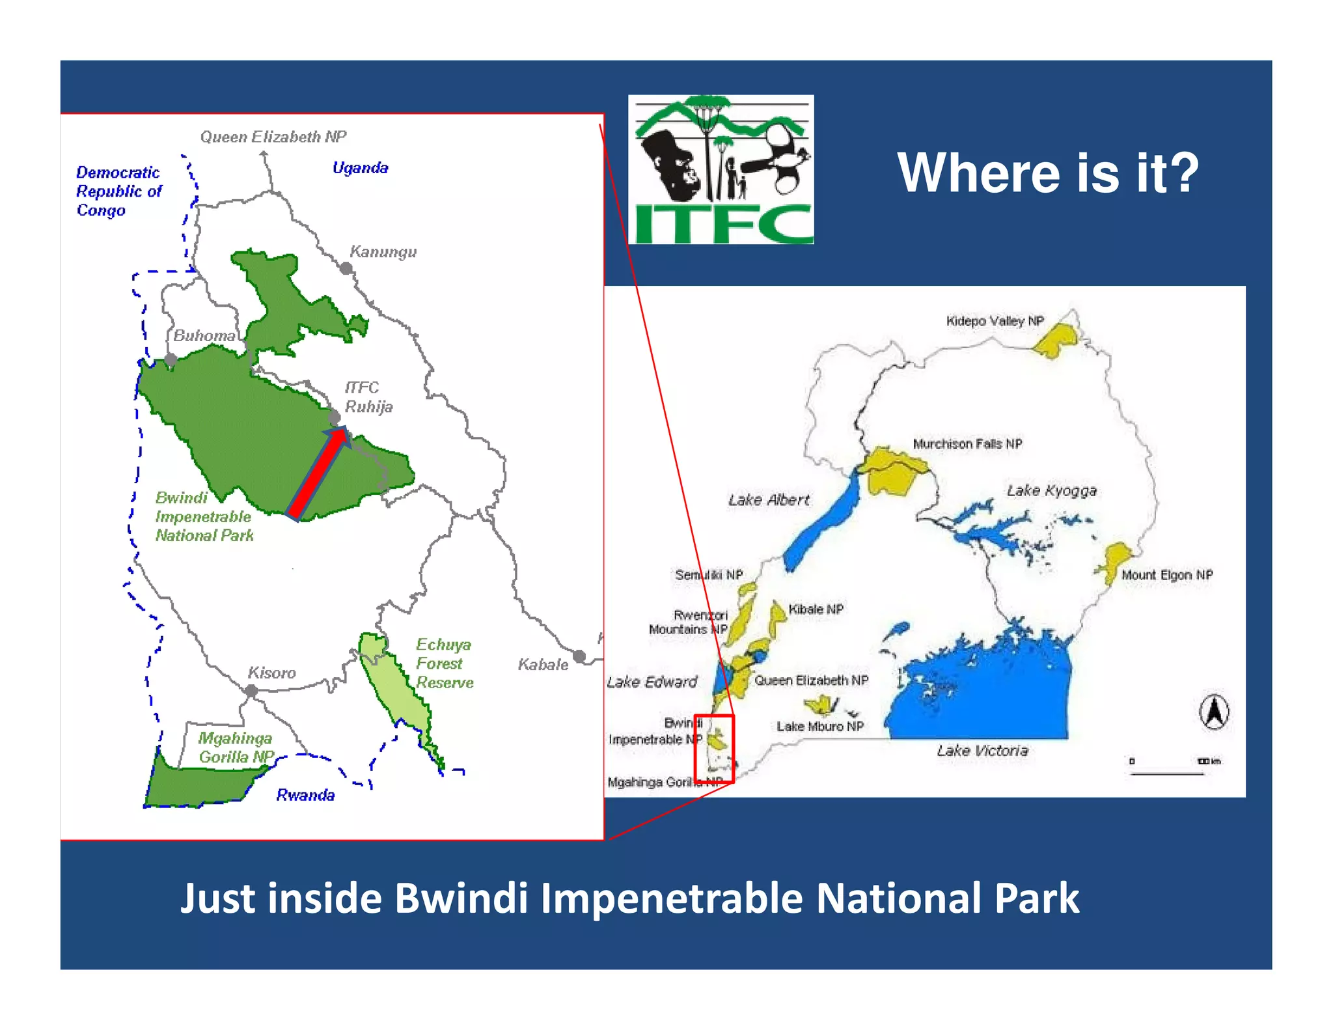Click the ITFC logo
[x=721, y=169]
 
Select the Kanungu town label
[x=383, y=251]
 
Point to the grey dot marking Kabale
[x=579, y=656]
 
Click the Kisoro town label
[x=271, y=673]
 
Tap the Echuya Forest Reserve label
[x=444, y=663]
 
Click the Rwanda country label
[x=305, y=795]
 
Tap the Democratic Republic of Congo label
[x=118, y=191]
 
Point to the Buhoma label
[x=204, y=335]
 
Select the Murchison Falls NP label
[x=967, y=444]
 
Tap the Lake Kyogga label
[x=1051, y=490]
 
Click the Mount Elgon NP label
[x=1166, y=575]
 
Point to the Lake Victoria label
[x=982, y=751]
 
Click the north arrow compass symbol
[x=1214, y=712]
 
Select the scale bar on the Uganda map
[x=1168, y=773]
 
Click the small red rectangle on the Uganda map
[x=715, y=749]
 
